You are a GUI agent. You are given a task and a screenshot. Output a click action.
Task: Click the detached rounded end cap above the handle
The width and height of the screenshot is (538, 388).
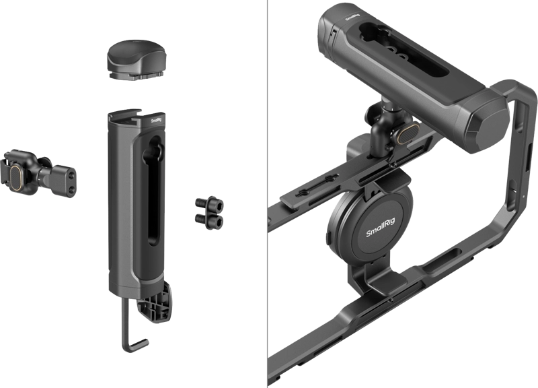click(x=137, y=60)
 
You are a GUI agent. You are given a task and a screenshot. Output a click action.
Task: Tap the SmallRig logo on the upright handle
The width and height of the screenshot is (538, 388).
click(x=157, y=121)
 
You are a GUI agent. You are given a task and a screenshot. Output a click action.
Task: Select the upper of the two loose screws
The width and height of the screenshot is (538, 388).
click(x=210, y=204)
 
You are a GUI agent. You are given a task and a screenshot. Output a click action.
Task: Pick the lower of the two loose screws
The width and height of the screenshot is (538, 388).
click(x=209, y=220)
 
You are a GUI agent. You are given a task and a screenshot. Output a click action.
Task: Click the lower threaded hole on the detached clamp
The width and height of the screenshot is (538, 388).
click(x=71, y=189)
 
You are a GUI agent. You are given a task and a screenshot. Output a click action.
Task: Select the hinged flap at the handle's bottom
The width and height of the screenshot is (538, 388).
click(x=155, y=302)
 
